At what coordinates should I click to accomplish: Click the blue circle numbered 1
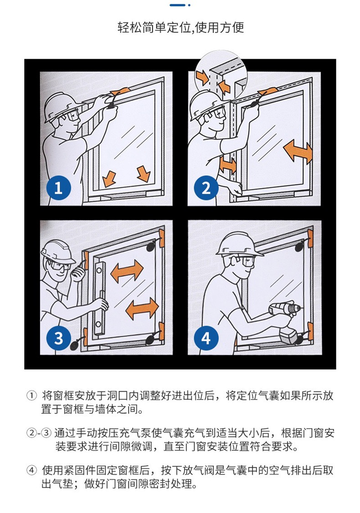pos(58,188)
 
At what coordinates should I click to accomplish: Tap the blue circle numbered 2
pos(206,188)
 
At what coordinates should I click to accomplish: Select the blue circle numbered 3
pos(58,338)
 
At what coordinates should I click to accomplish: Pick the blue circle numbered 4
pos(206,338)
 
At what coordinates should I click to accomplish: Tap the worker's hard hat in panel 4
pos(237,244)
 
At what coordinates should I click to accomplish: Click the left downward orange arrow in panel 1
pos(109,179)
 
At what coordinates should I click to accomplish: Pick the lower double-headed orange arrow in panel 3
pos(142,308)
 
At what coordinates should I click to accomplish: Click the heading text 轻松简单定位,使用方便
pos(180,27)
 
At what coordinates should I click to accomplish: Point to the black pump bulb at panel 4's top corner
pos(300,246)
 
